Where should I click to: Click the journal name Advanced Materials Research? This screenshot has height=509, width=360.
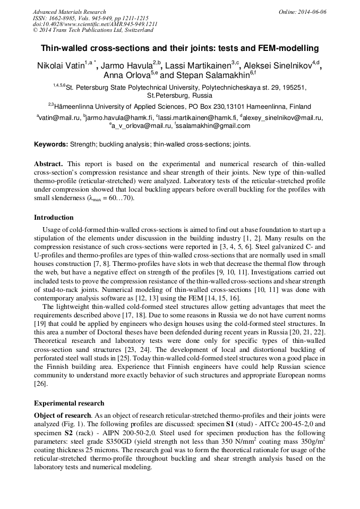70,12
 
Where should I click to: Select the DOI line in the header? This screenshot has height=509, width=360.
95,24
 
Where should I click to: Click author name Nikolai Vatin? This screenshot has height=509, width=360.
58,66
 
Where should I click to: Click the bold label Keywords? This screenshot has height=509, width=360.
51,144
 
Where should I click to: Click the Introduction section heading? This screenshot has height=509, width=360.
54,218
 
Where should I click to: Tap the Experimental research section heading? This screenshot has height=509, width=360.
69,403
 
